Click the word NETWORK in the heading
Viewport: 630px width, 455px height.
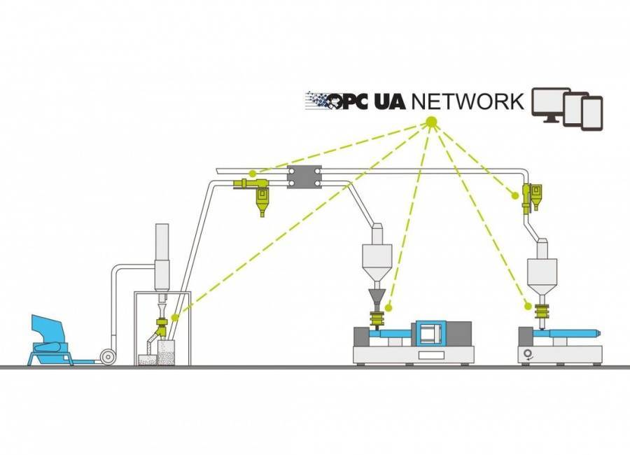point(467,101)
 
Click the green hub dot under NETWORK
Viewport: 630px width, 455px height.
point(430,123)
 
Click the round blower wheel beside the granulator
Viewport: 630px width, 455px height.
point(108,356)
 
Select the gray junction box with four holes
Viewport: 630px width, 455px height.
point(304,176)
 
